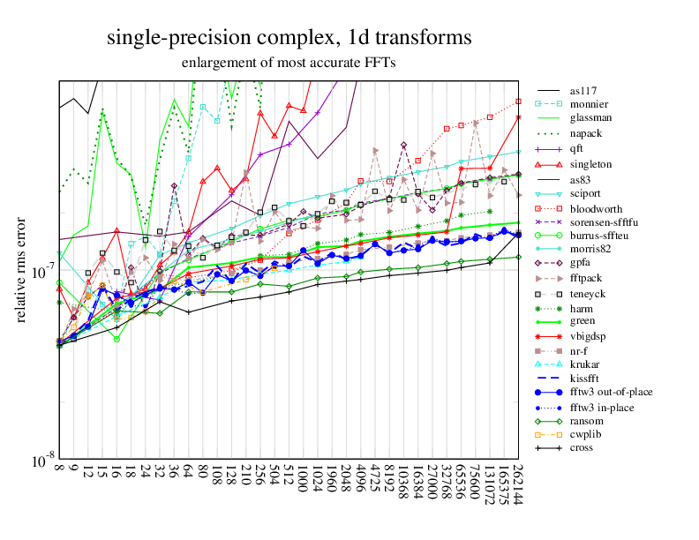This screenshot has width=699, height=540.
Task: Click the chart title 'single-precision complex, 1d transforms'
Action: (x=289, y=38)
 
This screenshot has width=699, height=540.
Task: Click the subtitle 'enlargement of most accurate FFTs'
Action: (x=289, y=64)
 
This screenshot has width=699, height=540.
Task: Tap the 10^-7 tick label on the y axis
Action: (x=37, y=271)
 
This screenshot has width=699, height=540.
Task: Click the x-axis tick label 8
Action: (x=59, y=472)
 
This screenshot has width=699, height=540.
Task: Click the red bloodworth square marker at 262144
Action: (x=519, y=101)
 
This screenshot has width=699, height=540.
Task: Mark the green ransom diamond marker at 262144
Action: (x=519, y=257)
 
